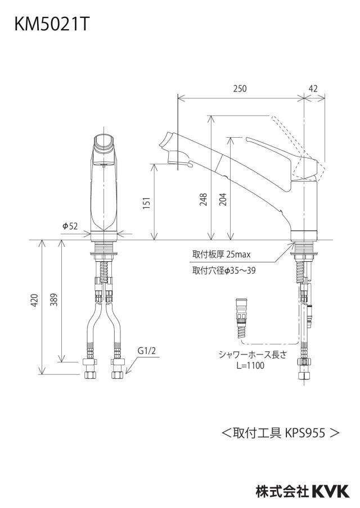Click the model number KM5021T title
pyautogui.click(x=51, y=24)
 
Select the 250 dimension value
pyautogui.click(x=240, y=88)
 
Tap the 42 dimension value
pyautogui.click(x=313, y=88)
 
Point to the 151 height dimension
pyautogui.click(x=147, y=203)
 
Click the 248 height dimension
pyautogui.click(x=203, y=200)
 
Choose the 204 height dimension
pyautogui.click(x=223, y=200)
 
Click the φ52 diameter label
pyautogui.click(x=70, y=226)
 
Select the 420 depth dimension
pyautogui.click(x=35, y=300)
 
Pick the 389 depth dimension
pyautogui.click(x=54, y=300)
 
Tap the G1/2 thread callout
pyautogui.click(x=147, y=351)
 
